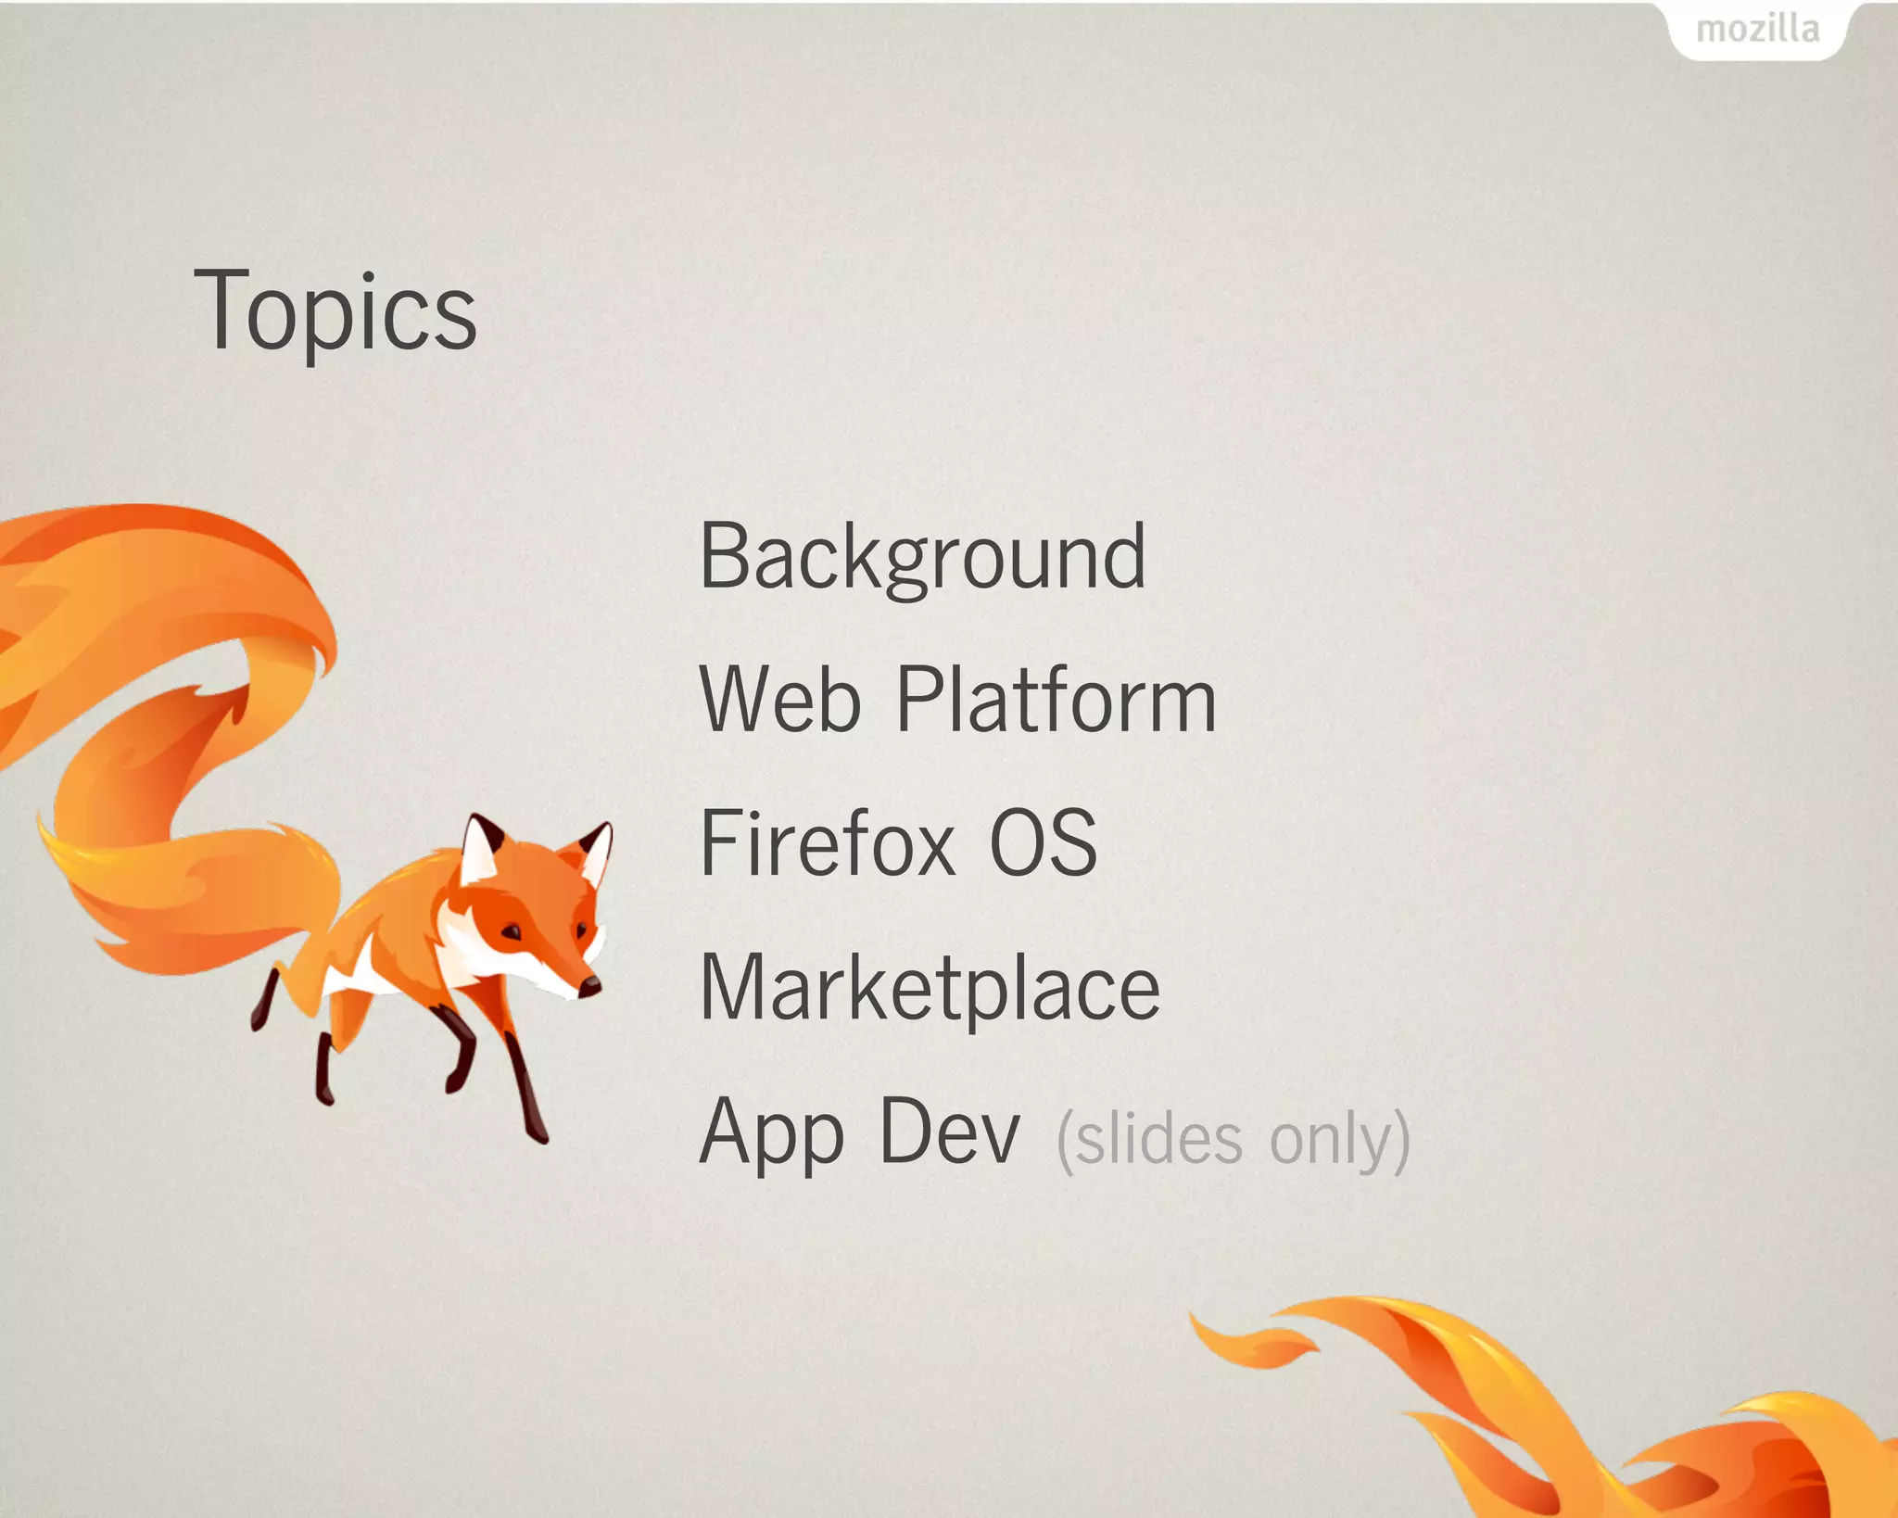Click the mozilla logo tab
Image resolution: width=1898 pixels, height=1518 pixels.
(1757, 30)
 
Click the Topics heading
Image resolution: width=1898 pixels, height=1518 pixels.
(335, 310)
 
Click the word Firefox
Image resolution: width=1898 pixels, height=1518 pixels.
(828, 842)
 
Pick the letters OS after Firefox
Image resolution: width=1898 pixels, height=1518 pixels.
(1043, 842)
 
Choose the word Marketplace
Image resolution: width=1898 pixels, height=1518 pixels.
(930, 988)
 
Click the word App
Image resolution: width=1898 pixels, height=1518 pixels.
(772, 1132)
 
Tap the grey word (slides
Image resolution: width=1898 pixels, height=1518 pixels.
(1150, 1140)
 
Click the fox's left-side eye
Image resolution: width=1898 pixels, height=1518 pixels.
(512, 931)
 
